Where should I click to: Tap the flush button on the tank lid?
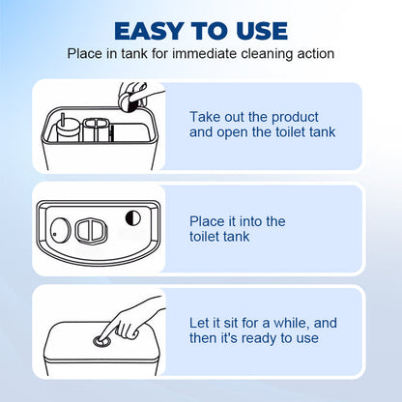(x=100, y=341)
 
